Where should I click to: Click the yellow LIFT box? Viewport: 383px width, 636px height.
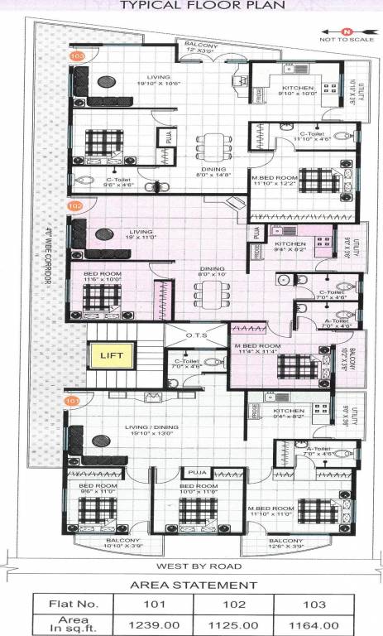pos(111,356)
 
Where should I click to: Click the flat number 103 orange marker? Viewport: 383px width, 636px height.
pos(78,56)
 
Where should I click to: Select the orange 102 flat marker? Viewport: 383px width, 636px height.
pos(75,205)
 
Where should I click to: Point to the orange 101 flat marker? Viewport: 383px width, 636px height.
pos(74,401)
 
